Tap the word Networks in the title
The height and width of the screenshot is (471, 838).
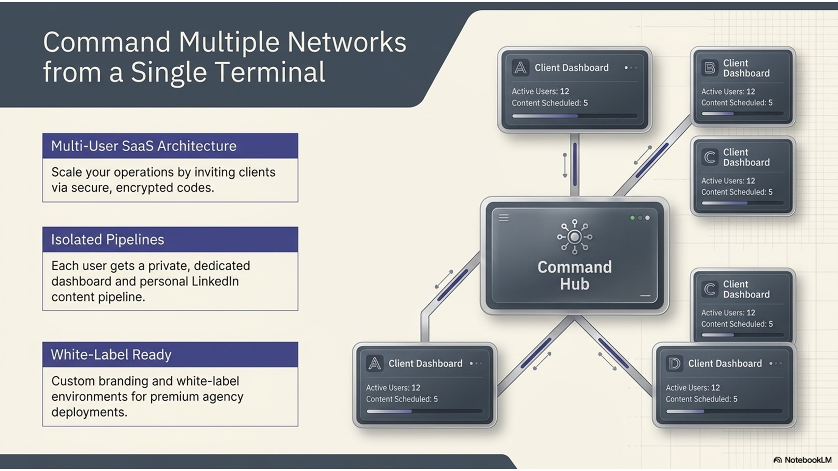[x=347, y=42]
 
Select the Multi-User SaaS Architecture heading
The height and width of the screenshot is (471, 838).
[x=144, y=146]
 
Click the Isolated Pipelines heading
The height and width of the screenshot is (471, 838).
[x=108, y=239]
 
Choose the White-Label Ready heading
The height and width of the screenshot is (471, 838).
[x=111, y=354]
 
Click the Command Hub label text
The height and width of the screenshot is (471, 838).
[x=575, y=276]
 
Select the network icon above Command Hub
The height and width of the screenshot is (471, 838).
[x=575, y=237]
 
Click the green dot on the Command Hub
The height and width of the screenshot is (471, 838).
[x=632, y=218]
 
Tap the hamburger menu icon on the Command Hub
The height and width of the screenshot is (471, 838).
[x=504, y=218]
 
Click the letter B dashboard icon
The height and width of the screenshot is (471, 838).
[x=710, y=68]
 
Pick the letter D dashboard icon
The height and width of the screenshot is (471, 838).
[x=675, y=364]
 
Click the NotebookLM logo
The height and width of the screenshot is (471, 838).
[x=802, y=460]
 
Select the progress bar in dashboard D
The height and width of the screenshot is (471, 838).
[x=724, y=411]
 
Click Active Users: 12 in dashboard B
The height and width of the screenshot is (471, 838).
[x=728, y=92]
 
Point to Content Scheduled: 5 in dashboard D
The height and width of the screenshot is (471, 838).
[x=702, y=399]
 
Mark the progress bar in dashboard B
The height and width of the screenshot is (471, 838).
[x=742, y=113]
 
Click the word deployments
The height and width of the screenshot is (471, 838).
[x=89, y=412]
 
